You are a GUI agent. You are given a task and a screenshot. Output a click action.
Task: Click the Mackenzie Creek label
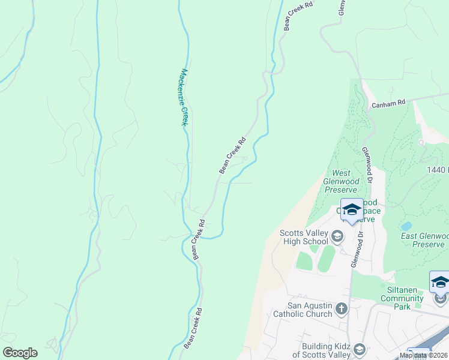point(185,97)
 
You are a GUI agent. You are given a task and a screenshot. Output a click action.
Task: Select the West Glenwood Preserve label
point(341,181)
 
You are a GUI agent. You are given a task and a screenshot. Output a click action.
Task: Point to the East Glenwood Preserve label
point(424,241)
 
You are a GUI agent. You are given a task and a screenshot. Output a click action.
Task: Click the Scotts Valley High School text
point(304,237)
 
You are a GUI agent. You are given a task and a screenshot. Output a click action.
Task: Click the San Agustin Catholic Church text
point(303,310)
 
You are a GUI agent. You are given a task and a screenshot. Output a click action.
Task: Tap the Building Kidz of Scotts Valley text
point(321,350)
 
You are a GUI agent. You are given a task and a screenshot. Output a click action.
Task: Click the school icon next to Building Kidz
point(359,349)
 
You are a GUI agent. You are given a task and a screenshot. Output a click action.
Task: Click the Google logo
point(20,352)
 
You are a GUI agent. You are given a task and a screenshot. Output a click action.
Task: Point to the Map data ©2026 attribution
point(424,355)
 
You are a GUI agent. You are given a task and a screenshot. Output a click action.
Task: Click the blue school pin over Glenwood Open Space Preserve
point(352,210)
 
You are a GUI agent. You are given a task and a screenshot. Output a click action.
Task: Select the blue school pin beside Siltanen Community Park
point(440,283)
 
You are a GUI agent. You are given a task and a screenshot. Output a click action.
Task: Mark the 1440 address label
point(438,170)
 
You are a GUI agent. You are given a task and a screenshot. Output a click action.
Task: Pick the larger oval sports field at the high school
point(326,258)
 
